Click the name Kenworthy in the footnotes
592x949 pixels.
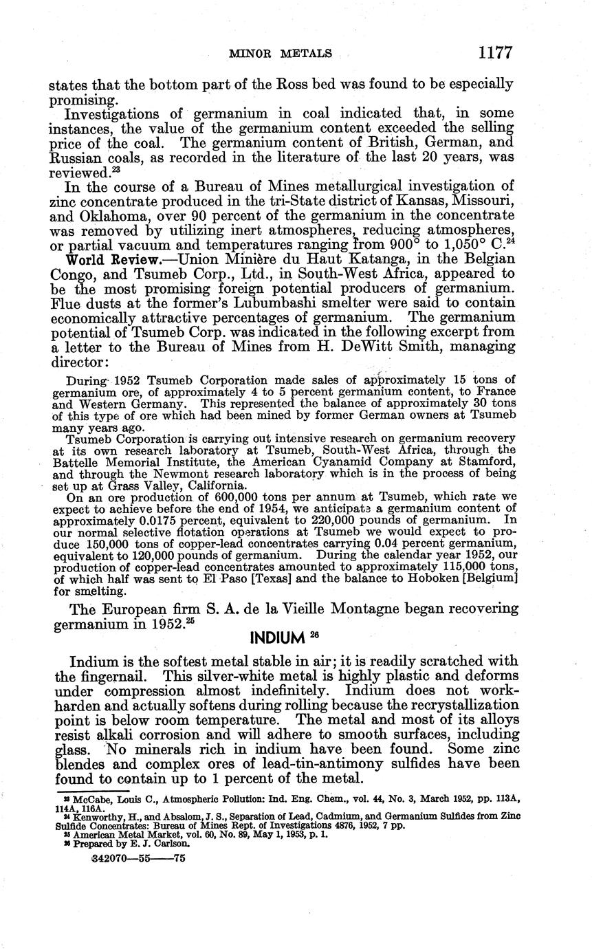click(89, 816)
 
